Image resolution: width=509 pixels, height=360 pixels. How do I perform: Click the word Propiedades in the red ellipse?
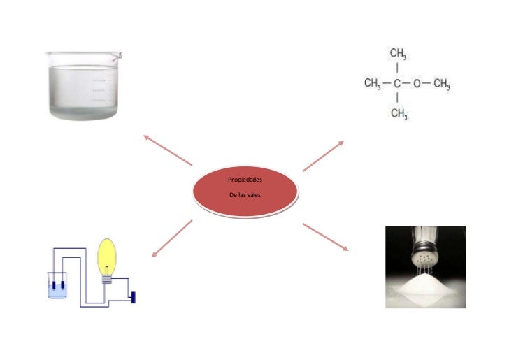click(x=245, y=180)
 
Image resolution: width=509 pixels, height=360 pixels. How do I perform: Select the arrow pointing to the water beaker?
click(x=167, y=149)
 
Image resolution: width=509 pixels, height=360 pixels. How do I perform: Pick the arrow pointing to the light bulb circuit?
click(x=171, y=238)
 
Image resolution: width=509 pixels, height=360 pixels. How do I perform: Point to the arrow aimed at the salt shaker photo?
click(x=325, y=237)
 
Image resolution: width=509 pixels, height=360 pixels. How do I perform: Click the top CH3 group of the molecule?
click(x=399, y=55)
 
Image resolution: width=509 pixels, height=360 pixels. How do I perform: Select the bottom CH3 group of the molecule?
click(x=399, y=113)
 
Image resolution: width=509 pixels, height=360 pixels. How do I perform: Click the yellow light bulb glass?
click(x=107, y=256)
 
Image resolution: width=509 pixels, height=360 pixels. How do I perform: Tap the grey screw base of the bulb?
click(x=106, y=278)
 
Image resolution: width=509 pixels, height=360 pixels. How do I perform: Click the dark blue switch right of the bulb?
click(x=131, y=296)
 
